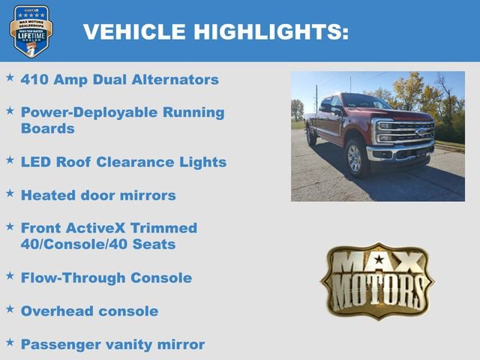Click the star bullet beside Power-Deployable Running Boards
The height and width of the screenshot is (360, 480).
click(10, 110)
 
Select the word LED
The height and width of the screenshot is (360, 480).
click(35, 162)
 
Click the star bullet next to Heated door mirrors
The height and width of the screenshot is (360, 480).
click(10, 193)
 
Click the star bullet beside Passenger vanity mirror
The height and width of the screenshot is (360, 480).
click(10, 341)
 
